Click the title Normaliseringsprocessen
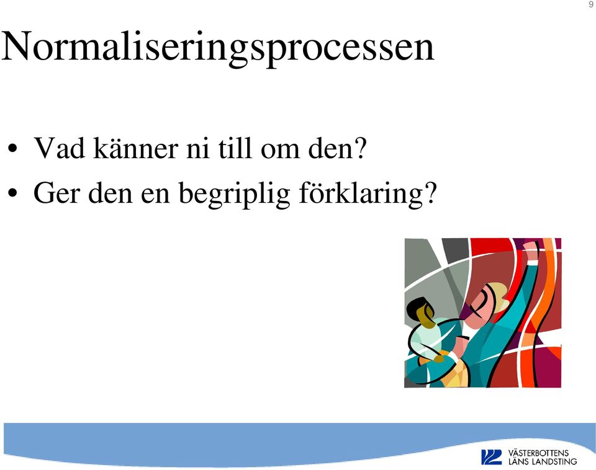pyautogui.click(x=218, y=48)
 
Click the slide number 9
pyautogui.click(x=590, y=4)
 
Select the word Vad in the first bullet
pyautogui.click(x=60, y=148)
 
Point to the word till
pyautogui.click(x=235, y=148)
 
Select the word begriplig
pyautogui.click(x=234, y=194)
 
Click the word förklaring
pyautogui.click(x=361, y=194)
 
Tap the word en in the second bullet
pyautogui.click(x=155, y=196)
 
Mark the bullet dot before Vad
pyautogui.click(x=12, y=149)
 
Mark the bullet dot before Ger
pyautogui.click(x=12, y=193)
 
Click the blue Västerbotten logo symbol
pyautogui.click(x=491, y=457)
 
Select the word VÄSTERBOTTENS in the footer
pyautogui.click(x=538, y=453)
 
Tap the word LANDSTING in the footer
pyautogui.click(x=554, y=462)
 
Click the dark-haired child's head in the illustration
pyautogui.click(x=420, y=312)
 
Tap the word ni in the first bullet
pyautogui.click(x=197, y=148)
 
